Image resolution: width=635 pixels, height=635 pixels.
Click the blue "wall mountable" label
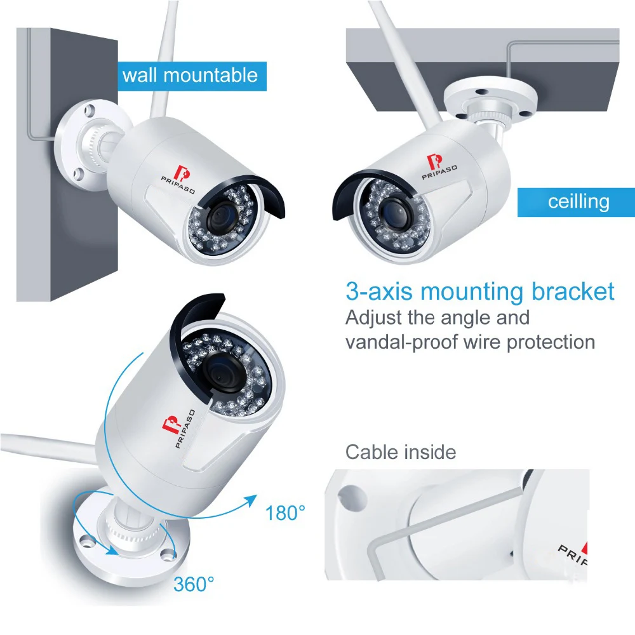190,76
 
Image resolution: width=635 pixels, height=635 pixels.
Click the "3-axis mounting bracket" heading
480,291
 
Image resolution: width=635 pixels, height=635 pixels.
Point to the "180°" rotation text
286,512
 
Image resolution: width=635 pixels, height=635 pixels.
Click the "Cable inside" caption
401,452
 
